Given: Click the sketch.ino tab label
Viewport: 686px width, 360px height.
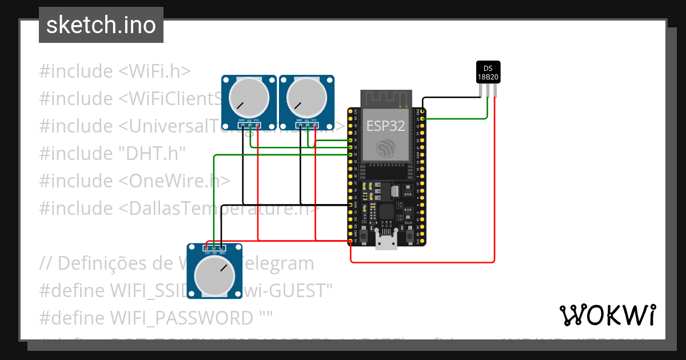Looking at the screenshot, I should [101, 25].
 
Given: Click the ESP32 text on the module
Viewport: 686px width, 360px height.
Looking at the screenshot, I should [386, 126].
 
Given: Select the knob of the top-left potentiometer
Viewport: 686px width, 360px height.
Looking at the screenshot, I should [249, 95].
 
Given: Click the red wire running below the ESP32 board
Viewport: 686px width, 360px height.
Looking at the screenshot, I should [423, 262].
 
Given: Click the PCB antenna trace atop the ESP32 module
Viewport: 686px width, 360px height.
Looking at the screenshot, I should [386, 99].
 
